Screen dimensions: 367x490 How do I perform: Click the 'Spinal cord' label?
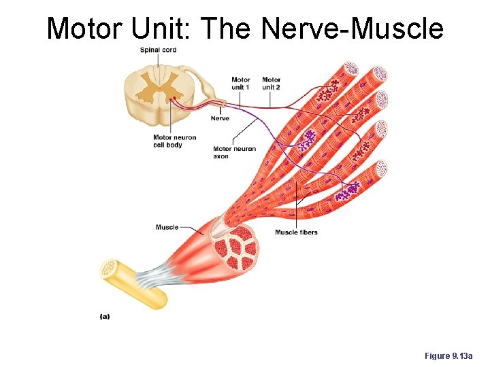click(x=158, y=50)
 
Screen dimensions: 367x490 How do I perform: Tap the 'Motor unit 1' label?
click(x=240, y=84)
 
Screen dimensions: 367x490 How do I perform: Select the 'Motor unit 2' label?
click(x=271, y=84)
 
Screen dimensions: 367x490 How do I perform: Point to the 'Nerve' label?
click(x=220, y=118)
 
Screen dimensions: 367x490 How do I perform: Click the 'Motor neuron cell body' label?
click(x=174, y=141)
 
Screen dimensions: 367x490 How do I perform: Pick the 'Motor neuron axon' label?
click(x=234, y=152)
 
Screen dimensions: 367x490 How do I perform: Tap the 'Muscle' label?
click(x=167, y=227)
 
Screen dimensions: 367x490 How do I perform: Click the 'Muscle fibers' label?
click(x=296, y=232)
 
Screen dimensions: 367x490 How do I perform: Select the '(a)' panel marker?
click(x=105, y=315)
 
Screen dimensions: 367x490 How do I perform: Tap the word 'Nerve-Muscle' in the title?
click(x=353, y=29)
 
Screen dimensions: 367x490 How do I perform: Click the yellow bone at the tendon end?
click(x=133, y=283)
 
